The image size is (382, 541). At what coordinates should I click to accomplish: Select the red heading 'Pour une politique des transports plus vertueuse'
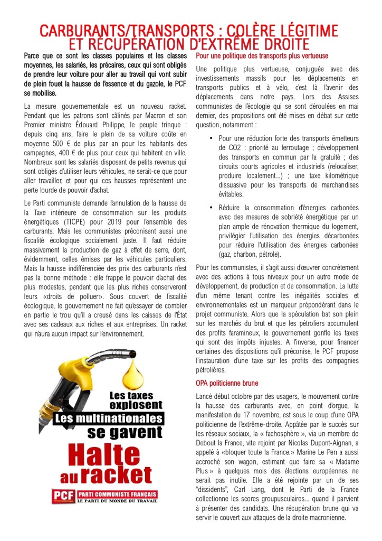pyautogui.click(x=262, y=55)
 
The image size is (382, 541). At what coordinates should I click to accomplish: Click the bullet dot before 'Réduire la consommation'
pyautogui.click(x=211, y=208)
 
